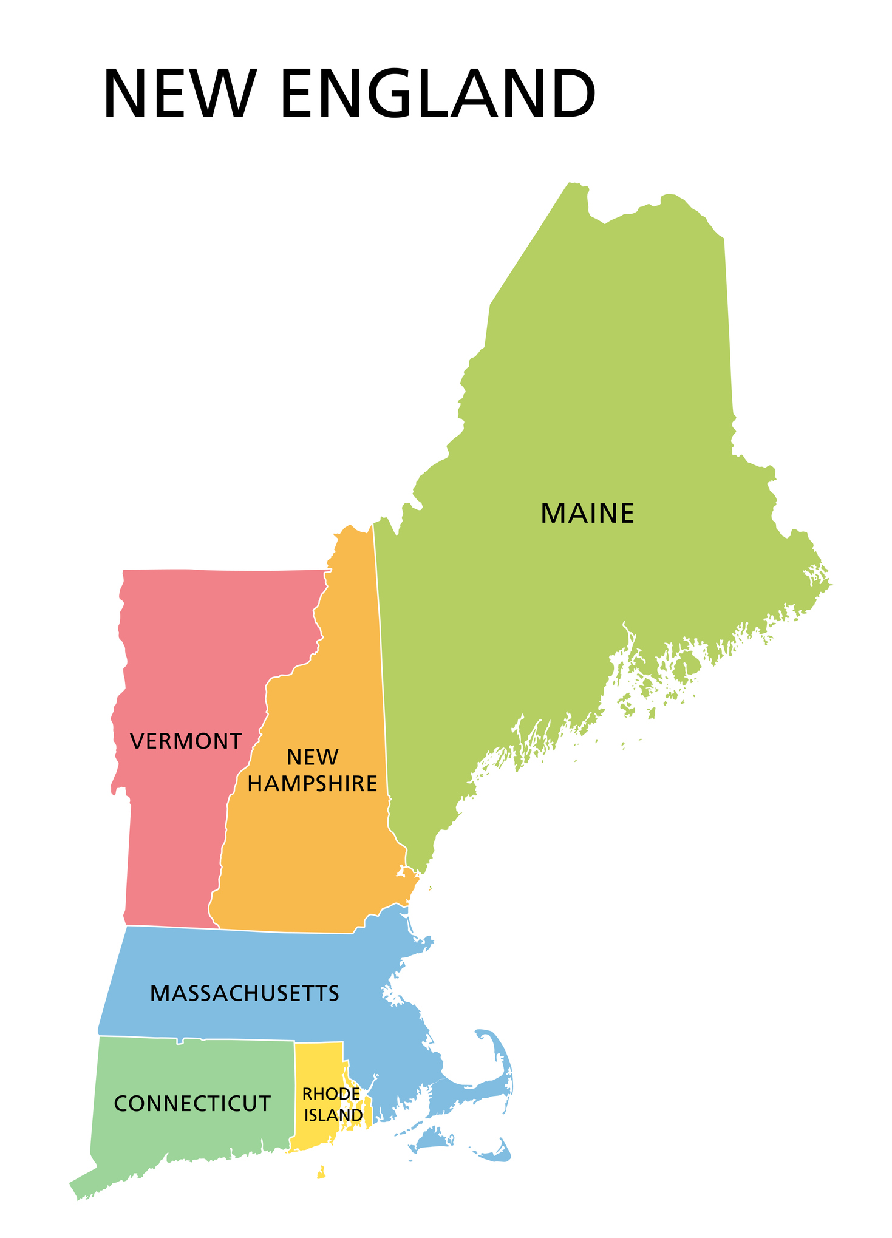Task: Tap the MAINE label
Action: pos(587,514)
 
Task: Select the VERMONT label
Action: pos(186,741)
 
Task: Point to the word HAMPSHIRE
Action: pos(312,784)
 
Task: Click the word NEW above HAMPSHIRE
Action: pos(312,757)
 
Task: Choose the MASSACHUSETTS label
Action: pos(244,993)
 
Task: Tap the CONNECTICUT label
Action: pos(192,1104)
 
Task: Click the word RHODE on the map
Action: pos(330,1094)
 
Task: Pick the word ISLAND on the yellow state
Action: pos(333,1115)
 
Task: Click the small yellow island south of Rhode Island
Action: pos(321,1172)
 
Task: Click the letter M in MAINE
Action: pos(550,514)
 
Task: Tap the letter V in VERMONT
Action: pos(137,741)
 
